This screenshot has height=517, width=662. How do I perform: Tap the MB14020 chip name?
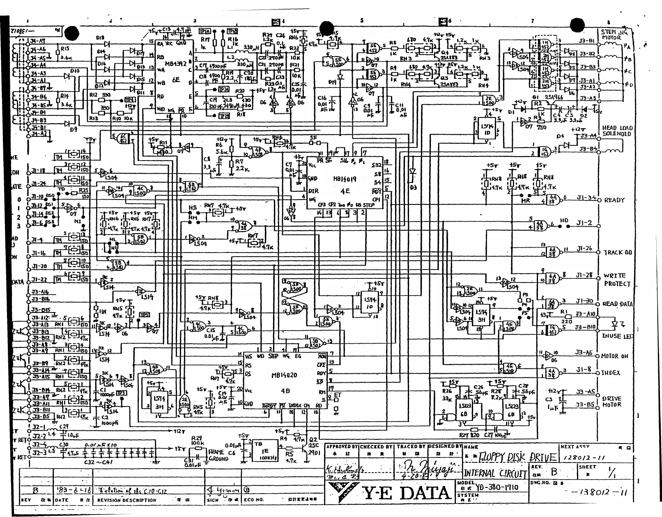284,375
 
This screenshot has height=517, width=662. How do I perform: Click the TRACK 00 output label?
617,253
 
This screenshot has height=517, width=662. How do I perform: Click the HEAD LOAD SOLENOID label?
617,131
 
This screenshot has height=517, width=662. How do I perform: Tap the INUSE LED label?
617,336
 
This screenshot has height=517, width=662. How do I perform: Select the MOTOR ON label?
614,356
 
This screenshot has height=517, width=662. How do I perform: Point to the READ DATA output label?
617,304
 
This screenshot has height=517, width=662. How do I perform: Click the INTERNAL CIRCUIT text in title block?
495,473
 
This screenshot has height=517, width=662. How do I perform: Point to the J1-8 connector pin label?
584,370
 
